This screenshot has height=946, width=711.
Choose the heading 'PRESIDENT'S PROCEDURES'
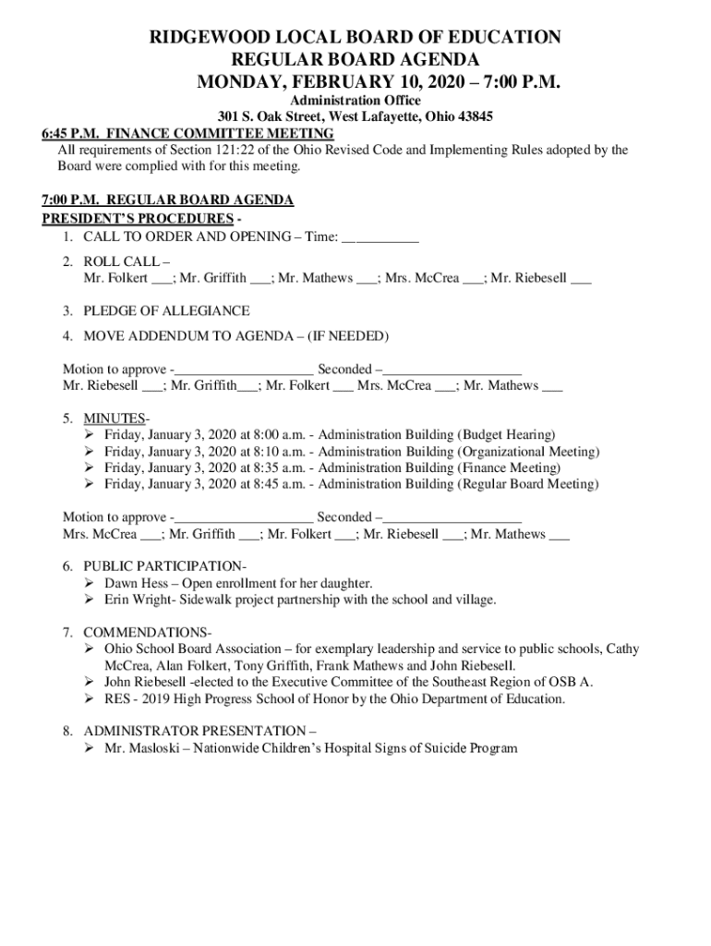tap(138, 219)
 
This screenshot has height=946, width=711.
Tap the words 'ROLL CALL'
tap(121, 261)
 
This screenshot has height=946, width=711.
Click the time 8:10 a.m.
tap(272, 452)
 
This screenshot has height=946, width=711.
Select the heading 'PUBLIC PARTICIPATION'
tap(163, 565)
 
